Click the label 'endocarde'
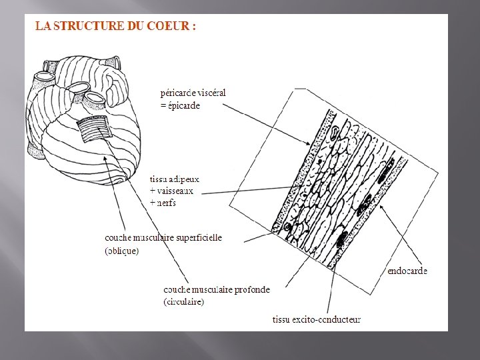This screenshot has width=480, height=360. pyautogui.click(x=407, y=271)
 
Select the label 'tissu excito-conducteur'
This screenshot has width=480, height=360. pyautogui.click(x=317, y=319)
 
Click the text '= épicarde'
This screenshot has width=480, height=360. pyautogui.click(x=180, y=105)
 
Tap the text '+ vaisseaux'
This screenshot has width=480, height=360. pyautogui.click(x=172, y=191)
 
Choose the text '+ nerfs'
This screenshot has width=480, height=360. pyautogui.click(x=165, y=202)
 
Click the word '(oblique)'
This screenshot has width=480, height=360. pyautogui.click(x=122, y=251)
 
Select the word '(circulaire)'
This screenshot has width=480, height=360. pyautogui.click(x=184, y=301)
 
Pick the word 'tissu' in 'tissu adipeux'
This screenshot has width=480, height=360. pyautogui.click(x=159, y=179)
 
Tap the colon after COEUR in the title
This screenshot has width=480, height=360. pyautogui.click(x=193, y=27)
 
